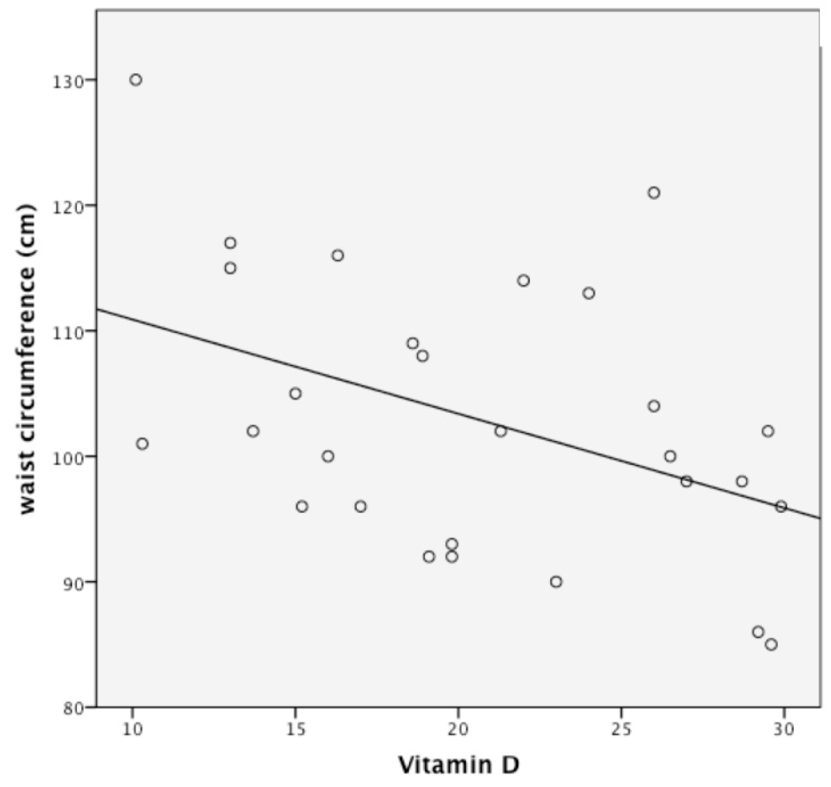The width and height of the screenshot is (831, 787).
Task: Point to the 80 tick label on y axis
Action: [x=72, y=708]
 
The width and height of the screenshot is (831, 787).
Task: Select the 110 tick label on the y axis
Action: [x=66, y=331]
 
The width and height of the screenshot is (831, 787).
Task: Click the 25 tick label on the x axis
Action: [x=621, y=729]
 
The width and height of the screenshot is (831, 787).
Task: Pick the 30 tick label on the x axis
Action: [x=783, y=729]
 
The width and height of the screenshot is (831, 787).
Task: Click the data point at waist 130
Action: [x=135, y=80]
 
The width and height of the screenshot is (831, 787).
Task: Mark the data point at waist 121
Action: [x=653, y=193]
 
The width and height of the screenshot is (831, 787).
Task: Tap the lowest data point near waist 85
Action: [x=771, y=645]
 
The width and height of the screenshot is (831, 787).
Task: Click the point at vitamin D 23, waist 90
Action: [x=556, y=582]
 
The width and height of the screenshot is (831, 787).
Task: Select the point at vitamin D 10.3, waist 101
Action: [x=142, y=444]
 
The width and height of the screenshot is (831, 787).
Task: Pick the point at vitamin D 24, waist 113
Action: [x=589, y=293]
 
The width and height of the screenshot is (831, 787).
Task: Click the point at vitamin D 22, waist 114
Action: [x=523, y=281]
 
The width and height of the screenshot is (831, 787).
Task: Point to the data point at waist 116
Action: [x=338, y=256]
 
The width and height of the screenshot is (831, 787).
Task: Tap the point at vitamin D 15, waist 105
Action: [x=295, y=393]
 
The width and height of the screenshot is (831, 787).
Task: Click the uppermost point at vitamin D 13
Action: [x=230, y=243]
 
